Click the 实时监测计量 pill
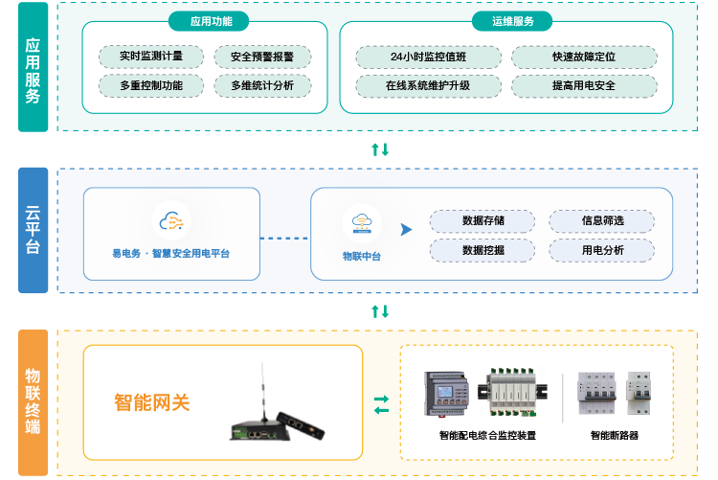pos(151,57)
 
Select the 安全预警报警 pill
pos(261,57)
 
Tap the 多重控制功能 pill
pos(151,85)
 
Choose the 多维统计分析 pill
pos(261,85)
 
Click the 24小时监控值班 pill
pos(428,57)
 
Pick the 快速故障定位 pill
pos(583,57)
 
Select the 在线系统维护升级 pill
pos(428,85)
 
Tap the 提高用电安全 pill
pos(583,85)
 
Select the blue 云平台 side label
pos(33,230)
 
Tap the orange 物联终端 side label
pos(33,402)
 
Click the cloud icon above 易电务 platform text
pos(171,221)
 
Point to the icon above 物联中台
pos(362,223)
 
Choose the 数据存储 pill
pos(482,221)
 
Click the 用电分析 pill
pos(602,250)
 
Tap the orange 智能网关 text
pos(151,402)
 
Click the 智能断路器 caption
pos(614,435)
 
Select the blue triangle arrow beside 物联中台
pos(406,230)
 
